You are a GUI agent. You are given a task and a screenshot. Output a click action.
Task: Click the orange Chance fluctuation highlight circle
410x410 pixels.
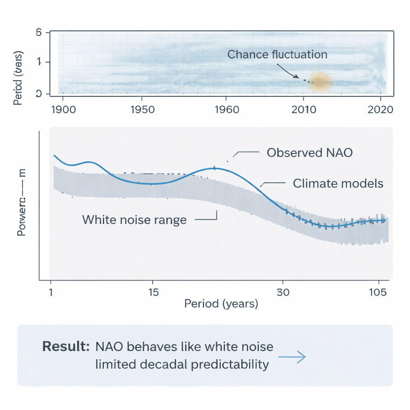(x=320, y=82)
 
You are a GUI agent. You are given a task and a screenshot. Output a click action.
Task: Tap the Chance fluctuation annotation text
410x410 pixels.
(x=277, y=54)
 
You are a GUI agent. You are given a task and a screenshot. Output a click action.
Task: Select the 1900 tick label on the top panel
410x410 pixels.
(x=64, y=110)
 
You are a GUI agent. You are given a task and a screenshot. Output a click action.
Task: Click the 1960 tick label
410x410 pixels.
(x=227, y=110)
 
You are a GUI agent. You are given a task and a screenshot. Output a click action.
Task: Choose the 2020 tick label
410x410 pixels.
(x=380, y=110)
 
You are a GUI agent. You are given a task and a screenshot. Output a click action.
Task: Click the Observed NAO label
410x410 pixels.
(x=310, y=153)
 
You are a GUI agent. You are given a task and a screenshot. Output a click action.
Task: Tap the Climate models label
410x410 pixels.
(x=338, y=184)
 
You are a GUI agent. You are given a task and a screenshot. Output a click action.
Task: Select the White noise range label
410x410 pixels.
(x=134, y=220)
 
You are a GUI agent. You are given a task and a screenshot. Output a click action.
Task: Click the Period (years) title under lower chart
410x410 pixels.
(x=221, y=304)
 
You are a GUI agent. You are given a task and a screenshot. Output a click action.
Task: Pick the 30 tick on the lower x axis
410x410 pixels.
(x=283, y=292)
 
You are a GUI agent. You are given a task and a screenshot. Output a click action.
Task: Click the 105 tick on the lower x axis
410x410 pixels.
(x=378, y=292)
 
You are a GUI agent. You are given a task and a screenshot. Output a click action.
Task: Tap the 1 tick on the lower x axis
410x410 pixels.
(x=51, y=292)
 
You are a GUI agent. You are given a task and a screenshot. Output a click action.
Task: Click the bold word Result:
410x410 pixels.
(x=66, y=346)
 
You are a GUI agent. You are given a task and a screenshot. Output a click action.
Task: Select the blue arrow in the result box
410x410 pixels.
(x=292, y=357)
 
